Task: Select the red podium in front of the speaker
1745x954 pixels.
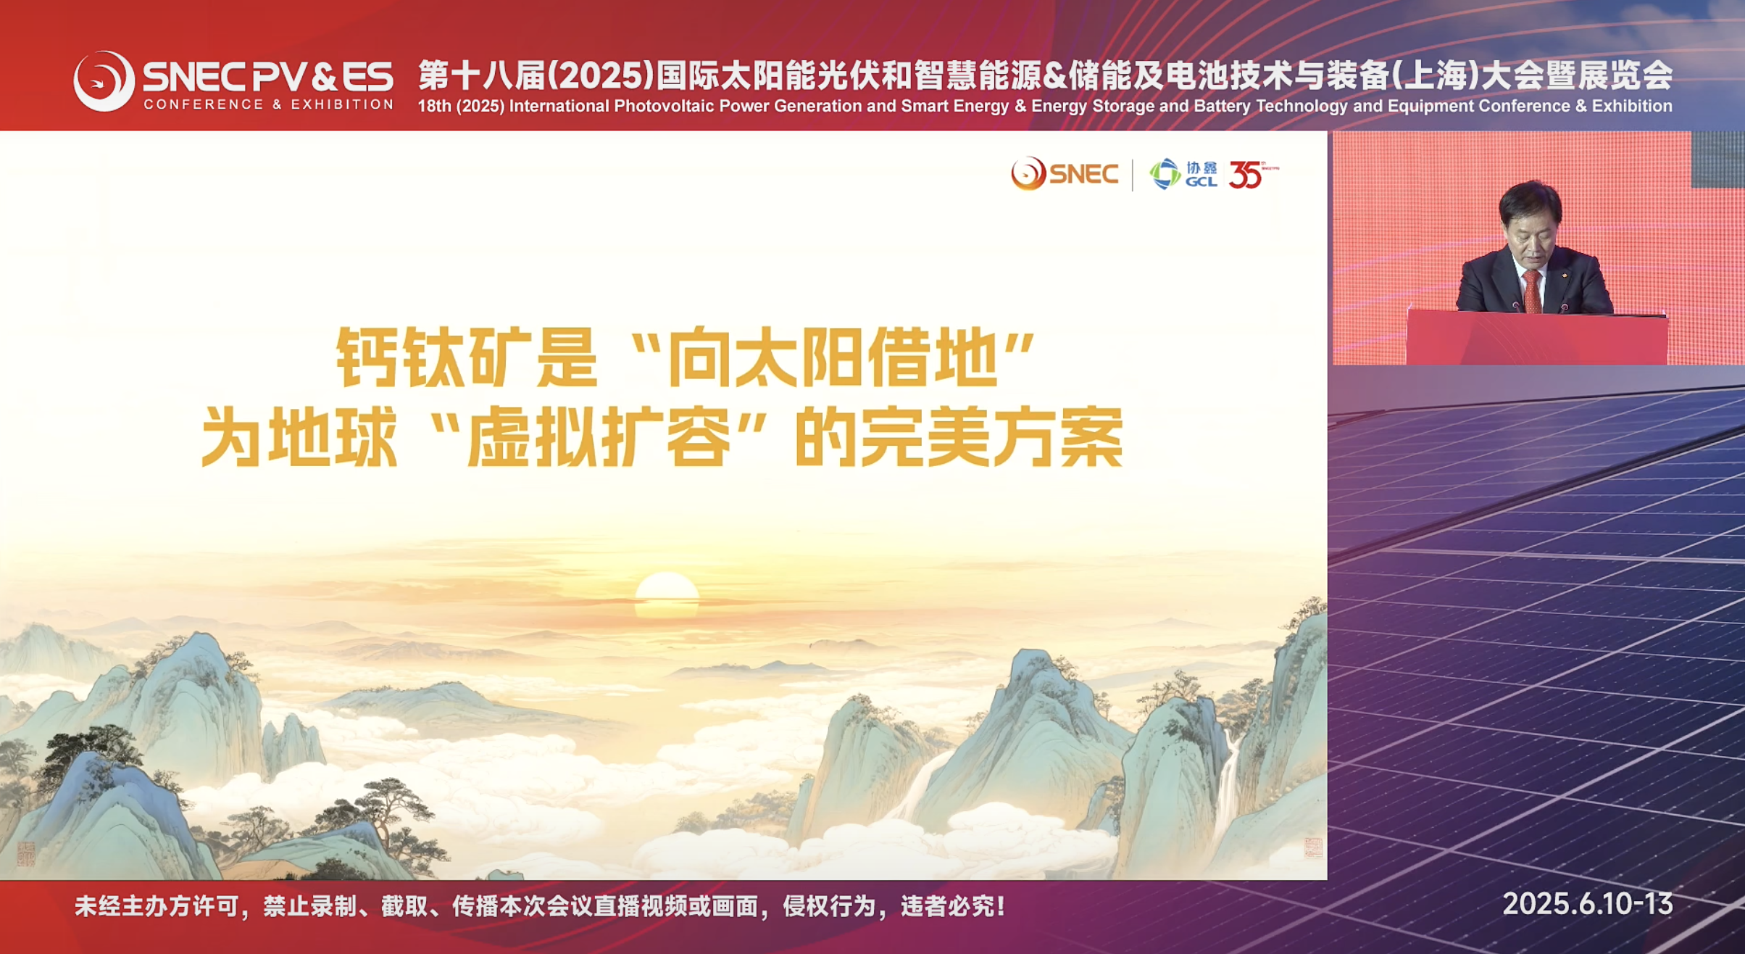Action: [x=1536, y=338]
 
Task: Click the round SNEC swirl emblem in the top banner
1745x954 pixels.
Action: [x=104, y=80]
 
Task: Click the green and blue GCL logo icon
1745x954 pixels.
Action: [x=1165, y=174]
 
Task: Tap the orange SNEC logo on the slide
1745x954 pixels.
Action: [x=1065, y=174]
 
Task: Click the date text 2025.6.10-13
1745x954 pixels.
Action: [x=1588, y=904]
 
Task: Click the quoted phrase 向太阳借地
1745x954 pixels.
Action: [x=832, y=357]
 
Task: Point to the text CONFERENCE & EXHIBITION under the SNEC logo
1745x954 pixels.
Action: [x=268, y=104]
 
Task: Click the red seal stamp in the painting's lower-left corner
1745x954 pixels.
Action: [x=26, y=855]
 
